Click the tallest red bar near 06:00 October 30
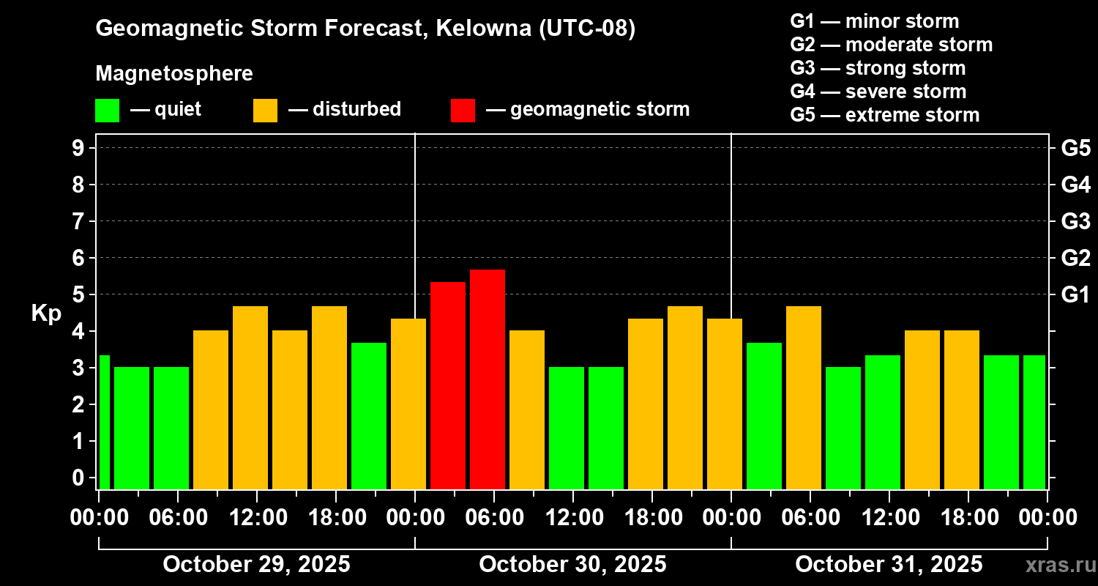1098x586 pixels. (488, 379)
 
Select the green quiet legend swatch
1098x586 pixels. (107, 111)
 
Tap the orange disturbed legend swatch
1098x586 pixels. (265, 111)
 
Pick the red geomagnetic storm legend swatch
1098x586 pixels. (463, 111)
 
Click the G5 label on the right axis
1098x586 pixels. (1075, 149)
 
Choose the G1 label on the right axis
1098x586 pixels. (1075, 295)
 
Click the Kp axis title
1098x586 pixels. (46, 314)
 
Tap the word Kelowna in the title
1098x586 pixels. (483, 29)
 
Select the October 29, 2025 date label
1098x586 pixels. (256, 565)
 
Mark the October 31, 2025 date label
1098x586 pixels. (889, 565)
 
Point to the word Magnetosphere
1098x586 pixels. (174, 74)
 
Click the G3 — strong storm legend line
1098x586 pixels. (878, 68)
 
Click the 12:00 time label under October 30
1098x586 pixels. (573, 518)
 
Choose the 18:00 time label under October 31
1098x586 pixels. (968, 518)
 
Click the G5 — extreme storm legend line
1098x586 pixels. (884, 115)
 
